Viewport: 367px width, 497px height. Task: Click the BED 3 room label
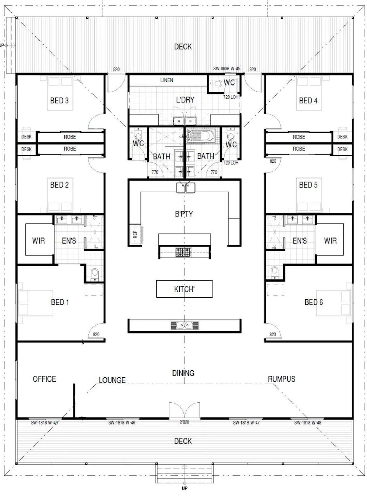tap(59, 101)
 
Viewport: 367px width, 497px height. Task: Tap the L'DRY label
tap(185, 100)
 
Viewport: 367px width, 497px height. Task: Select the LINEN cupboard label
tap(167, 80)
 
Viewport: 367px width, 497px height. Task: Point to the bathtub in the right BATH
tap(201, 135)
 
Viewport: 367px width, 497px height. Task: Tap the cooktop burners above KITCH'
tap(183, 252)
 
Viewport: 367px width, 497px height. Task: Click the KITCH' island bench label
tap(184, 289)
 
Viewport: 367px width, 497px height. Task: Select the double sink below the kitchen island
tap(185, 325)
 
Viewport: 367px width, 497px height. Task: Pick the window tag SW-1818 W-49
tap(44, 423)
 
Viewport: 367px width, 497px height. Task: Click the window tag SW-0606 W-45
tap(226, 69)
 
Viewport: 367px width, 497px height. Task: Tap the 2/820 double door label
tap(184, 422)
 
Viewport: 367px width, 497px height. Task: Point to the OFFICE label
tap(44, 379)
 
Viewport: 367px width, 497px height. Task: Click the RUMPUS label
tap(282, 379)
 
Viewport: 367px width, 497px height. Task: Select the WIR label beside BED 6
tap(330, 241)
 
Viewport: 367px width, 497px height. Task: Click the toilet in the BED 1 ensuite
tap(94, 274)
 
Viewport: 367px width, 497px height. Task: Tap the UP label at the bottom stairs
tap(185, 488)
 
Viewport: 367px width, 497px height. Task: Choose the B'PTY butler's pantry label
tap(184, 214)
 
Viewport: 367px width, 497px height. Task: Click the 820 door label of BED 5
tap(273, 161)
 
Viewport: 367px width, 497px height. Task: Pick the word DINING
tap(183, 373)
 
